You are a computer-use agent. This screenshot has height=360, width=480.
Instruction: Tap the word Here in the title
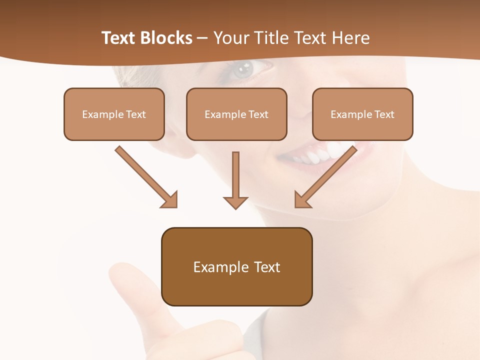pyautogui.click(x=350, y=38)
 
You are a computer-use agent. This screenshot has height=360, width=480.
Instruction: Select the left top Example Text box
pyautogui.click(x=114, y=114)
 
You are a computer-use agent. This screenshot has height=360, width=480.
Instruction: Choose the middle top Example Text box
pyautogui.click(x=236, y=114)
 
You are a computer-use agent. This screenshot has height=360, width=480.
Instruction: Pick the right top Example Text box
pyautogui.click(x=362, y=114)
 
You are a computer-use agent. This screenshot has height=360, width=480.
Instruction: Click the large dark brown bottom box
pyautogui.click(x=236, y=266)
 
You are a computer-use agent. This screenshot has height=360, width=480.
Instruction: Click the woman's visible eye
pyautogui.click(x=244, y=69)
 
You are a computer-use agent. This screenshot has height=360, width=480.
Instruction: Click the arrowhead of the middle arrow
pyautogui.click(x=235, y=202)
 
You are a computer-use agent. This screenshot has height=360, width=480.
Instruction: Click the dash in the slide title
pyautogui.click(x=202, y=38)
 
